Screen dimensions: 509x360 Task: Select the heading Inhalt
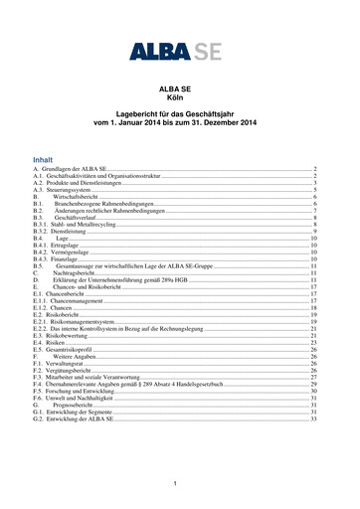click(43, 159)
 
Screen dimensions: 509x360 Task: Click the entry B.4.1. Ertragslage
click(58, 247)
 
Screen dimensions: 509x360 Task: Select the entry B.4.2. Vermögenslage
click(62, 254)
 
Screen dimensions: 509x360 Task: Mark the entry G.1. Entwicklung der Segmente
click(79, 414)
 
